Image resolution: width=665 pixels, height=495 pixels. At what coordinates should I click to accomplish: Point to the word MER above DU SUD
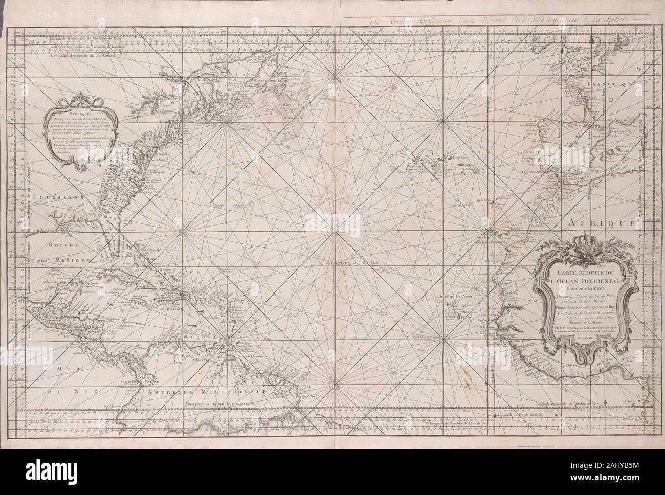[67, 369]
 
